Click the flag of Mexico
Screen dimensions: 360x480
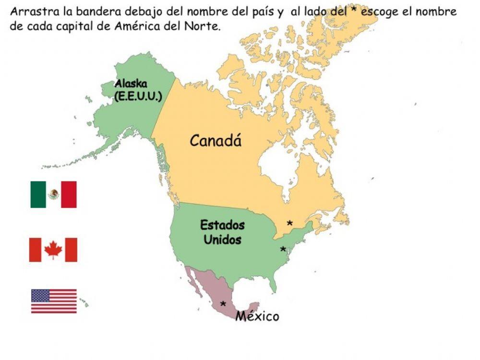click(x=53, y=194)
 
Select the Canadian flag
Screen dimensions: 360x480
click(x=53, y=250)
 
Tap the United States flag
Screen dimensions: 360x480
click(x=54, y=301)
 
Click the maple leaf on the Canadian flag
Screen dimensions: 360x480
click(x=53, y=250)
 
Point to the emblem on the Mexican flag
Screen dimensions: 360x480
click(x=54, y=194)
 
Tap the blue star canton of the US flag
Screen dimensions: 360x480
click(x=40, y=295)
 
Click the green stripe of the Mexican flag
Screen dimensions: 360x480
click(x=38, y=194)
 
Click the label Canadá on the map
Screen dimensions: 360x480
click(x=216, y=141)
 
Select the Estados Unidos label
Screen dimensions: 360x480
click(x=222, y=232)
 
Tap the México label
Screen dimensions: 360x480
click(x=257, y=316)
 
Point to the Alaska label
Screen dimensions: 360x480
click(x=130, y=84)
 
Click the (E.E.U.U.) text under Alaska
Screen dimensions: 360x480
click(x=138, y=96)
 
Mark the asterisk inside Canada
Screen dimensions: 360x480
click(x=289, y=224)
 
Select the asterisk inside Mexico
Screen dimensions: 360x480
click(x=223, y=304)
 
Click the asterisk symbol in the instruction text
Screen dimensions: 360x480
click(x=355, y=11)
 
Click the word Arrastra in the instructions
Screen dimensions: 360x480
click(x=30, y=12)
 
